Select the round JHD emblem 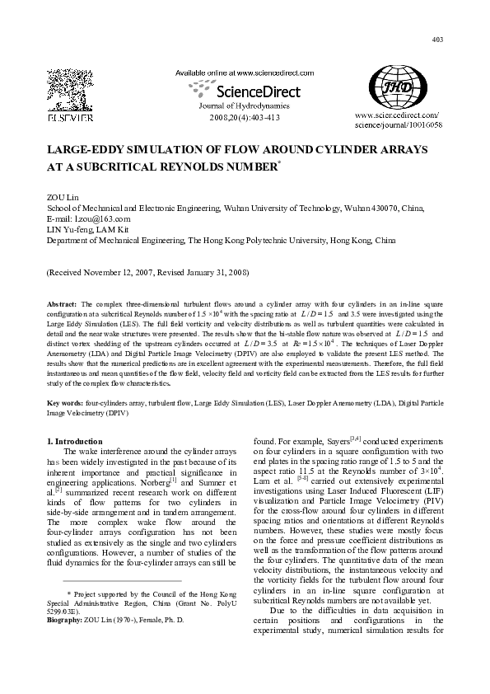(x=398, y=91)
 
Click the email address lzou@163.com (x=101, y=219)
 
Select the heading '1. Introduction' (x=74, y=442)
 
